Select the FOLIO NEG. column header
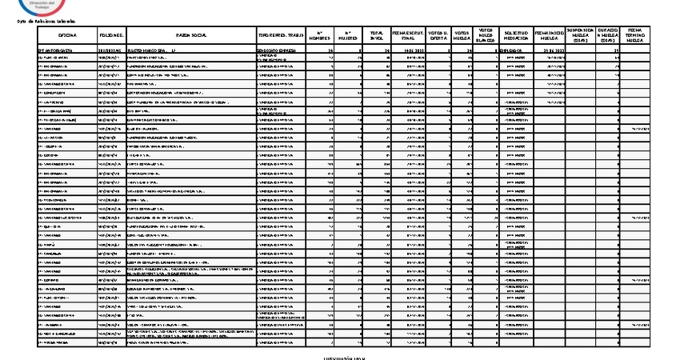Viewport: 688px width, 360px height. tap(112, 36)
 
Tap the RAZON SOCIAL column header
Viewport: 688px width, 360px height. tap(193, 36)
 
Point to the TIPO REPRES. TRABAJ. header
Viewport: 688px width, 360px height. tap(281, 36)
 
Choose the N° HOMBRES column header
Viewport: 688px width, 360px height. tap(321, 36)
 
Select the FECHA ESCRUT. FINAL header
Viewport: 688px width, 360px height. tap(408, 36)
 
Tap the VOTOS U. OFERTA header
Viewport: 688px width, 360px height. tap(438, 36)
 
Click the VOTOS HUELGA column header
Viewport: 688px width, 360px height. tap(463, 36)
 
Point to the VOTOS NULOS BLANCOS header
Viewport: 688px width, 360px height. tap(486, 35)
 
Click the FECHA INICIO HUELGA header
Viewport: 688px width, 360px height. tap(549, 36)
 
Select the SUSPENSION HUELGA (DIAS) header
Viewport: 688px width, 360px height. tap(579, 35)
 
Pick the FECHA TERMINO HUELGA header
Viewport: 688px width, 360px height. tap(638, 35)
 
